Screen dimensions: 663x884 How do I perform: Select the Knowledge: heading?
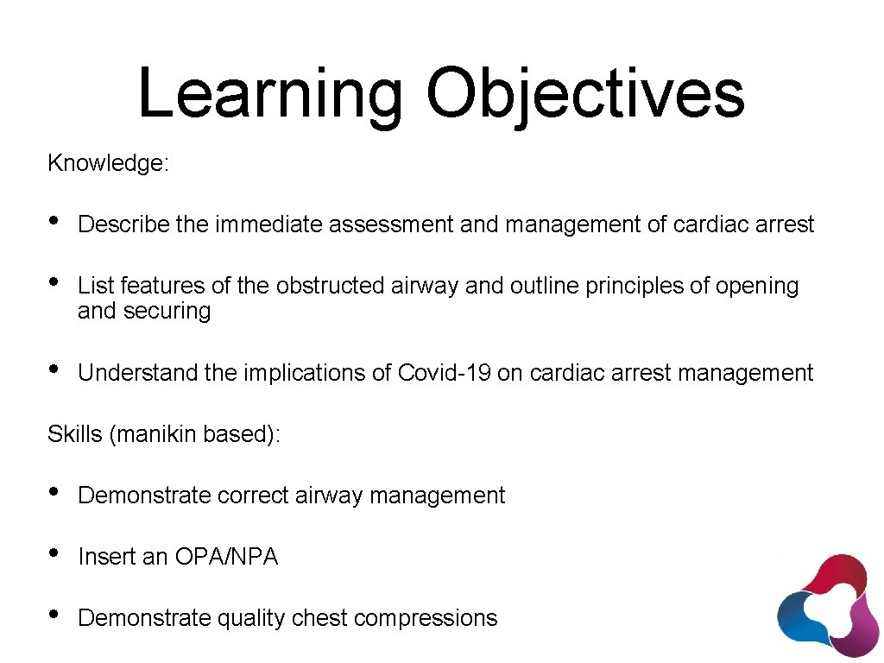pos(108,163)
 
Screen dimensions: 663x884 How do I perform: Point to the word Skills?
pos(75,434)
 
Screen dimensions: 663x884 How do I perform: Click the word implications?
pos(299,373)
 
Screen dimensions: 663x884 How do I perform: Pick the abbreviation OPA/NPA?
pos(226,558)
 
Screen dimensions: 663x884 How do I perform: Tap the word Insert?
pos(106,558)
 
